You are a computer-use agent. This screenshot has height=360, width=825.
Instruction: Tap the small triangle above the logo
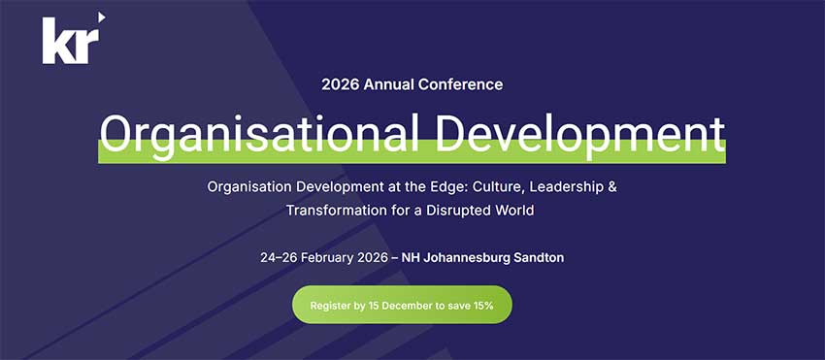(100, 16)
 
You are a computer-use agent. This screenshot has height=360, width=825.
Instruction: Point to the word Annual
(388, 84)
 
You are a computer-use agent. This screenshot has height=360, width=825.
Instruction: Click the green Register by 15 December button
(402, 305)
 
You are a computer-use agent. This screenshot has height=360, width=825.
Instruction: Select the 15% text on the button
(482, 306)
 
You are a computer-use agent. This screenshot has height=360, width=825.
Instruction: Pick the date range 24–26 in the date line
(280, 258)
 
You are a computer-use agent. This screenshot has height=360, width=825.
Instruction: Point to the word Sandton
(539, 258)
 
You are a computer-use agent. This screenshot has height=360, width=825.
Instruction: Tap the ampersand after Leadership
(610, 186)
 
